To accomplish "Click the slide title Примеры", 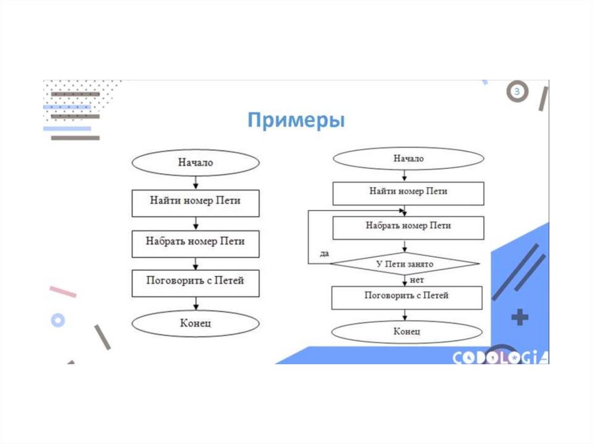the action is tap(296, 121).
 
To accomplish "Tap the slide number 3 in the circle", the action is tap(518, 91).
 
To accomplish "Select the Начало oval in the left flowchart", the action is tap(195, 163).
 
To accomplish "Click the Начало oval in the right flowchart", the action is tap(408, 159).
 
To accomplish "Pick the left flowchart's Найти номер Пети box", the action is tap(195, 202).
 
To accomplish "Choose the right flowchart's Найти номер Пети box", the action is tap(408, 192).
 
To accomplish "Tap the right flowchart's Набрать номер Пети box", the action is tap(408, 227).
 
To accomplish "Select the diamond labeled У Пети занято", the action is tap(405, 265).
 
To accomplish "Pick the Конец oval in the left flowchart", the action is tap(195, 323).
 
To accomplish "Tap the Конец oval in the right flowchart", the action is tap(407, 332).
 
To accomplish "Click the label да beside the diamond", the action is tap(324, 254).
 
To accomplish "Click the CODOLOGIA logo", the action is tap(500, 358).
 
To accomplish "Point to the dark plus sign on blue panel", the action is tap(520, 317).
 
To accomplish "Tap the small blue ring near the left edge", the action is tap(57, 320).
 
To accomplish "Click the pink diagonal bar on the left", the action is tap(63, 292).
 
